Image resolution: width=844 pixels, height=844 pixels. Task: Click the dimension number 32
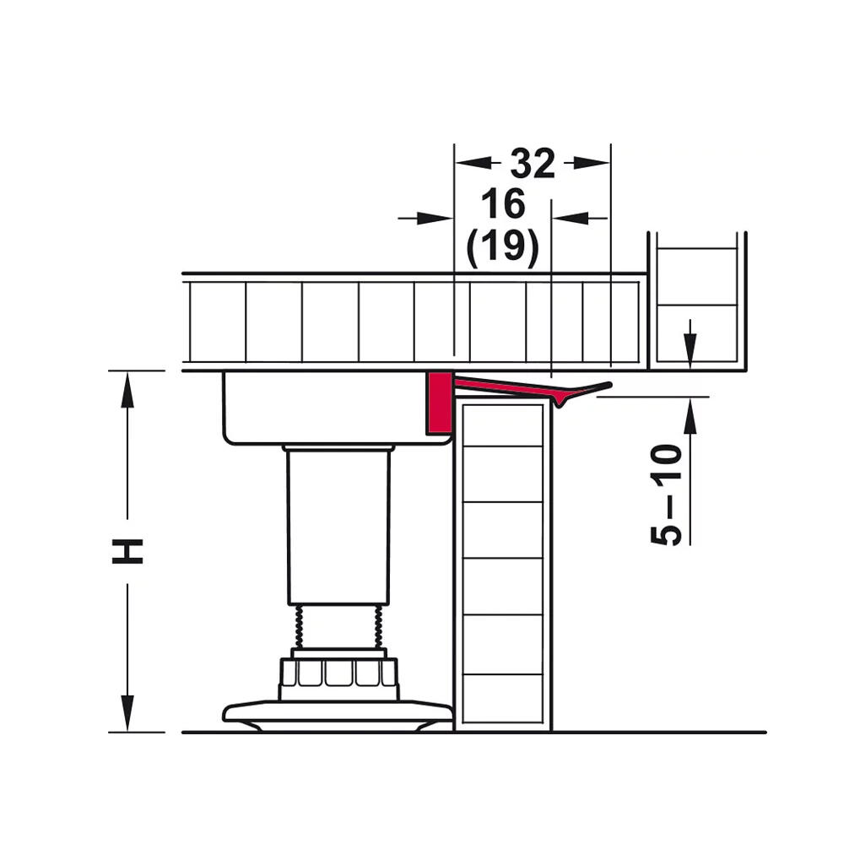click(x=533, y=163)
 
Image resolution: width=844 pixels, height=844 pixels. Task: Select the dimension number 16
click(x=503, y=203)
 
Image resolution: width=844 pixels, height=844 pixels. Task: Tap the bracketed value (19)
click(x=503, y=247)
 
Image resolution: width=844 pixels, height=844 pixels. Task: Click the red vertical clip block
click(x=439, y=403)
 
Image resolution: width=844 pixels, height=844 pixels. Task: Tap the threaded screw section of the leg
click(x=338, y=626)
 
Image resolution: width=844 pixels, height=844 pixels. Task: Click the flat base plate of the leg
click(x=338, y=715)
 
